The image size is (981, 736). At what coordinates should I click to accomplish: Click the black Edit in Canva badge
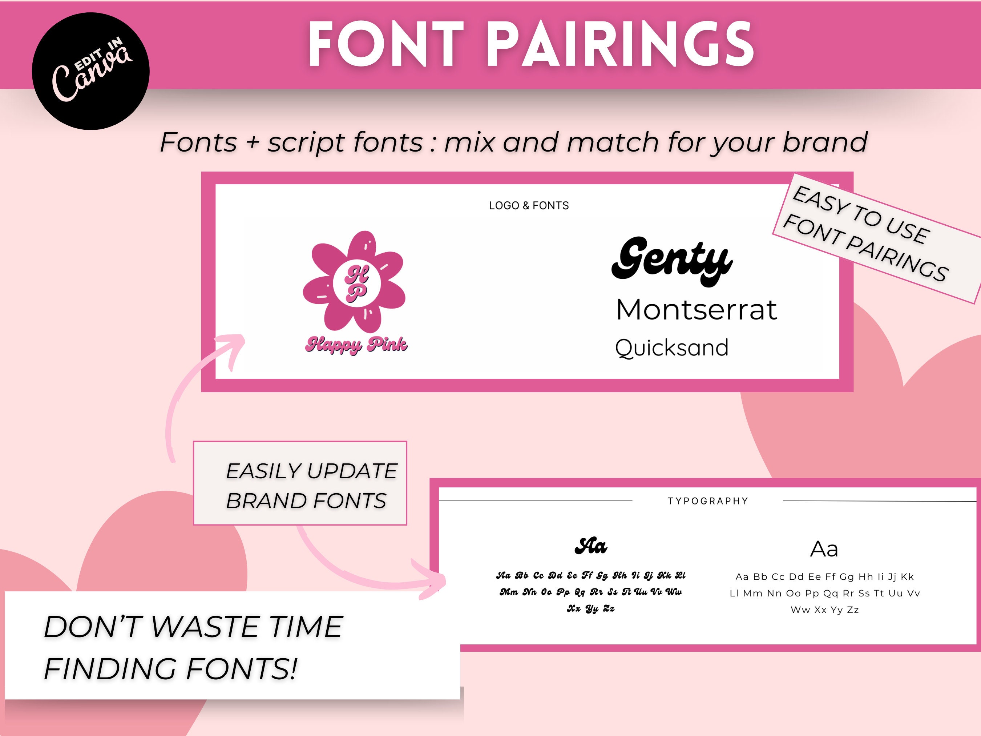[x=90, y=71]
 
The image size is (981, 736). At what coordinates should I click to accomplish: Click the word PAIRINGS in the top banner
[x=623, y=44]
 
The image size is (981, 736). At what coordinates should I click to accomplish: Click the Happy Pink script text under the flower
[x=356, y=345]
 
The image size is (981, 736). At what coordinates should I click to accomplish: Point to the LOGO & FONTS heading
[x=529, y=205]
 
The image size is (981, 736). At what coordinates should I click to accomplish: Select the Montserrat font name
[x=696, y=310]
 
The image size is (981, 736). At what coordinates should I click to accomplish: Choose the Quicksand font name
[x=671, y=348]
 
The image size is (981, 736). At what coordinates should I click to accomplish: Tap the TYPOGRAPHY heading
[x=708, y=501]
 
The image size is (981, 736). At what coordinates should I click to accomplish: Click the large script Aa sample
[x=590, y=546]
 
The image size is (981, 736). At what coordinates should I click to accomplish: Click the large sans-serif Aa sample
[x=824, y=549]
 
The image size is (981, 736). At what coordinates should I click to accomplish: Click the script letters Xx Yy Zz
[x=591, y=609]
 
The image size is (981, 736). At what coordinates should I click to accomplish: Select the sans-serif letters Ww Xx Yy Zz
[x=824, y=610]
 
